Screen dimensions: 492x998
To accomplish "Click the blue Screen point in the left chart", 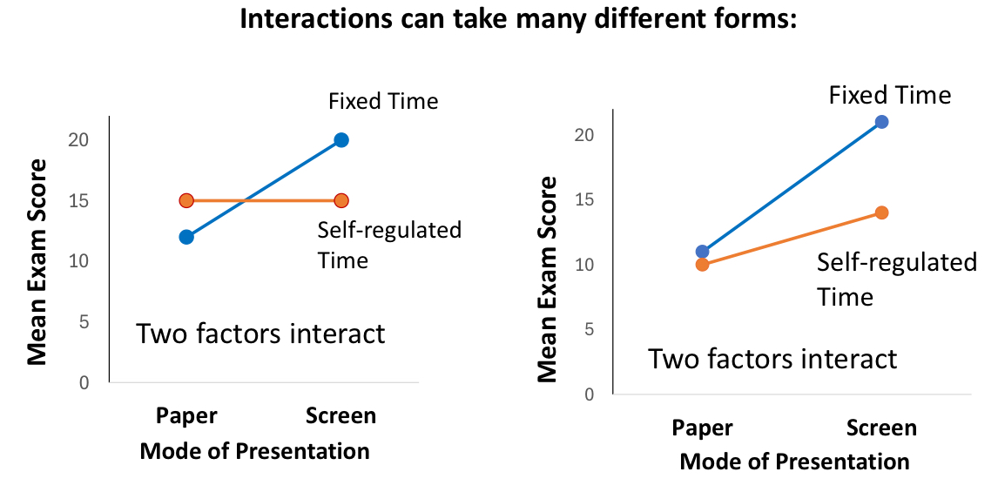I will [x=341, y=140].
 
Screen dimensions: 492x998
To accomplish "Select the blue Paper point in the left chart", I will [x=186, y=237].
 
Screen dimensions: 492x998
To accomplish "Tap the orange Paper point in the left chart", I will [x=186, y=201].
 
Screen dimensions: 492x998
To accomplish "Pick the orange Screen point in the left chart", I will [x=341, y=201].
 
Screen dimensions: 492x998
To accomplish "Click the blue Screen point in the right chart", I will [x=881, y=122].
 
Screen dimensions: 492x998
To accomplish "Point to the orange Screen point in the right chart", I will [x=881, y=212].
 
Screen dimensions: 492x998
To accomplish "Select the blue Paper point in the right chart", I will [x=703, y=252].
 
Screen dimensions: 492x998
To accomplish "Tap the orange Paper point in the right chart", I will [x=703, y=265].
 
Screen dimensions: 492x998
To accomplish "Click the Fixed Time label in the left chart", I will [x=383, y=102].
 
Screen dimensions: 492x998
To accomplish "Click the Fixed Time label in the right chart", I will [x=890, y=95].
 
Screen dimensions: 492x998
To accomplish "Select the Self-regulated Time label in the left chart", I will [x=389, y=245].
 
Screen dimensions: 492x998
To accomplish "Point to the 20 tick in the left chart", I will [x=78, y=140].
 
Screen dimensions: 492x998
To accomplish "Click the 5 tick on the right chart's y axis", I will [x=589, y=329].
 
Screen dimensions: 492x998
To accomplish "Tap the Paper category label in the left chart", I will [x=186, y=415].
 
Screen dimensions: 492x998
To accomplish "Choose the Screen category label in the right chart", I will [x=881, y=428].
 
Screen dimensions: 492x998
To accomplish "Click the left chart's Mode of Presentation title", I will [x=254, y=451].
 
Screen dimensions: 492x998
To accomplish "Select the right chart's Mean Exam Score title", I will [x=548, y=279].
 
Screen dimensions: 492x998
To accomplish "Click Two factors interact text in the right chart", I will [x=772, y=359].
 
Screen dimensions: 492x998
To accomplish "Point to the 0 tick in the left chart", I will [x=83, y=382].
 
